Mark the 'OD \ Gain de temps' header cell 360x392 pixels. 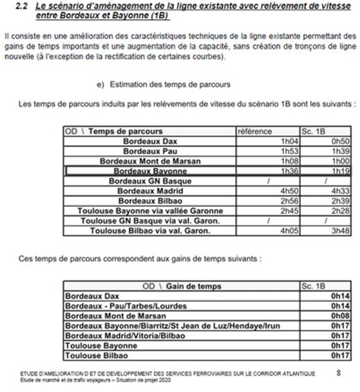(182, 286)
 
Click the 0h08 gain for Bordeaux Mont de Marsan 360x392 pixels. (340, 315)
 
